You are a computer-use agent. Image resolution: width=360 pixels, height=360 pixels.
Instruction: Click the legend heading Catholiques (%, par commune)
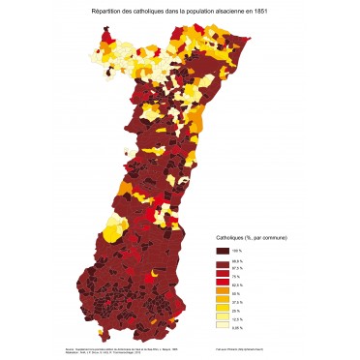point(251,238)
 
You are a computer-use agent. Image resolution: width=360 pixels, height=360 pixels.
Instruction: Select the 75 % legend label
point(237,276)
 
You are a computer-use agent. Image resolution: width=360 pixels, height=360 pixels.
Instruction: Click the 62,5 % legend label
point(238,285)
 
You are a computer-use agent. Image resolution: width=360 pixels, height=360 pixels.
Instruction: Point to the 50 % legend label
point(237,293)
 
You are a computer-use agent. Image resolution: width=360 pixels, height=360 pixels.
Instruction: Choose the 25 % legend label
point(237,310)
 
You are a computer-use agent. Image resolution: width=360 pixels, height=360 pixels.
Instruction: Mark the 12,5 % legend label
point(238,318)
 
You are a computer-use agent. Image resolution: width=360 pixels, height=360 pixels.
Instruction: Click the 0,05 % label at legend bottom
point(238,327)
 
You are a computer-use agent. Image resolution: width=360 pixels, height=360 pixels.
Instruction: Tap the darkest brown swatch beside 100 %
point(222,251)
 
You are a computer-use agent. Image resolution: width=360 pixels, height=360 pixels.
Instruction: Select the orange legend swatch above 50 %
point(222,290)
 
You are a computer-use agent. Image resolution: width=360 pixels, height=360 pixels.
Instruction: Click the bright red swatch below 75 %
point(222,281)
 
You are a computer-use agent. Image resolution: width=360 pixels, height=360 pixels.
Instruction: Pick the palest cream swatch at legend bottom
point(222,324)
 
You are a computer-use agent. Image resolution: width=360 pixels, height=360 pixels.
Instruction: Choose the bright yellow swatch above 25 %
point(222,307)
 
